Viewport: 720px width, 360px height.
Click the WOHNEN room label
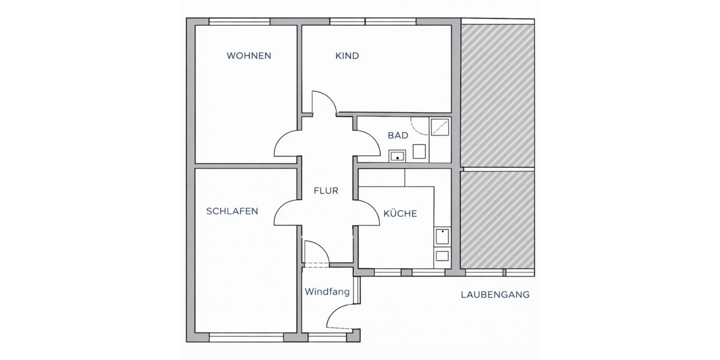click(x=249, y=56)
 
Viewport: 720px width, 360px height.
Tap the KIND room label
click(x=347, y=56)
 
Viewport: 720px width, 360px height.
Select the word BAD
click(x=398, y=136)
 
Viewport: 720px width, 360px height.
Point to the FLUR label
click(x=326, y=191)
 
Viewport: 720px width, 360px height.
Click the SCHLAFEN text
click(x=232, y=211)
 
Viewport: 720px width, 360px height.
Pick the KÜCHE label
click(x=400, y=213)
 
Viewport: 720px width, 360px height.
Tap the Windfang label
click(x=327, y=292)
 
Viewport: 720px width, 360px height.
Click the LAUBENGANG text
click(x=495, y=295)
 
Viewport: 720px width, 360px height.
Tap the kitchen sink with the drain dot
click(x=442, y=238)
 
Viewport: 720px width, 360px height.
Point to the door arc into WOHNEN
click(x=287, y=144)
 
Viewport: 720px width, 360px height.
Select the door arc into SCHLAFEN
click(x=287, y=213)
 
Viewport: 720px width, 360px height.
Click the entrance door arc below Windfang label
click(x=341, y=315)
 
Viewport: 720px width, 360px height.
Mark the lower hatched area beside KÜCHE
click(x=497, y=218)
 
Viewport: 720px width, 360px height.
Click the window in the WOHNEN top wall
click(x=239, y=22)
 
